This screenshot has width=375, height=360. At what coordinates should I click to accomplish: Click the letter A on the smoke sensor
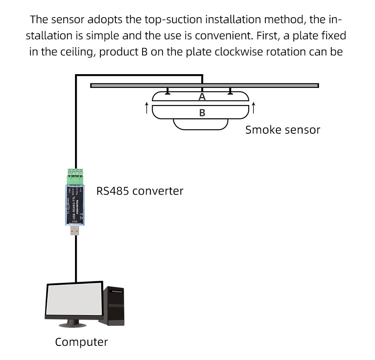(x=202, y=97)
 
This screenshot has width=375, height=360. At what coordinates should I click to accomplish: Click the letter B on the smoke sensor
(x=202, y=112)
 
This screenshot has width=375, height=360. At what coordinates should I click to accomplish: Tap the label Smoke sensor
(x=282, y=130)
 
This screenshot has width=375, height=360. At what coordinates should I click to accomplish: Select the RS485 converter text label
(x=140, y=191)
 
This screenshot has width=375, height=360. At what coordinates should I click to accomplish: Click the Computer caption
(x=81, y=342)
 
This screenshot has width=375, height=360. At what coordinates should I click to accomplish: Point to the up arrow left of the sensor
(x=147, y=108)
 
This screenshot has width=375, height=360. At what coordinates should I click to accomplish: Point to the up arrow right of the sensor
(x=253, y=108)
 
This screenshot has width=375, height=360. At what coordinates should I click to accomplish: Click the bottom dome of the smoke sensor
(x=200, y=124)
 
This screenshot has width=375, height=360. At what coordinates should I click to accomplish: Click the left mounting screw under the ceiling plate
(x=167, y=91)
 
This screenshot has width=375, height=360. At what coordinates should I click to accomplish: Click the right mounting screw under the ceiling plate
(x=230, y=91)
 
